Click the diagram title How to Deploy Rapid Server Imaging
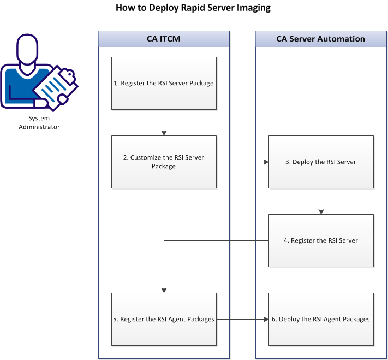(x=193, y=8)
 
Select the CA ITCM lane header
(x=164, y=39)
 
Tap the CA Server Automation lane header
(x=320, y=39)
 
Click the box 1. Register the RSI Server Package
(x=164, y=83)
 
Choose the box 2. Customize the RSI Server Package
(x=164, y=162)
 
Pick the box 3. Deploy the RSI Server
(x=321, y=162)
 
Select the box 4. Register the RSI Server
(x=321, y=240)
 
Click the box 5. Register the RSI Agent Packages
(x=164, y=319)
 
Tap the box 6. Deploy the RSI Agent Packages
(x=321, y=319)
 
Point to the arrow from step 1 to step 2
(x=164, y=122)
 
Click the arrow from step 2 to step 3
(x=242, y=162)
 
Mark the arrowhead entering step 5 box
(x=164, y=290)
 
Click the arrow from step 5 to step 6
(x=242, y=319)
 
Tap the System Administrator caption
(x=39, y=122)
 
